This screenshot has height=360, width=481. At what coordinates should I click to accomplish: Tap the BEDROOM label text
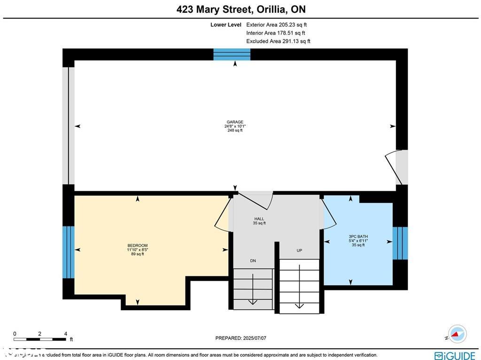138,246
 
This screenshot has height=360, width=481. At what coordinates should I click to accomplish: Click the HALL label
259,219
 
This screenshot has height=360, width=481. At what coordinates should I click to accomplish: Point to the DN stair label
253,261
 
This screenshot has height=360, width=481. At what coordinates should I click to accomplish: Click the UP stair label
299,250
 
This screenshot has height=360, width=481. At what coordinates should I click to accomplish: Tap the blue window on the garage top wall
232,55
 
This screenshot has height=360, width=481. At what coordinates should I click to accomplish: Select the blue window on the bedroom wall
69,252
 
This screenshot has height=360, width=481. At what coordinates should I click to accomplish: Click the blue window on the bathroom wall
400,243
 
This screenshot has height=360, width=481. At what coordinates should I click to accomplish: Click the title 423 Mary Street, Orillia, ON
241,9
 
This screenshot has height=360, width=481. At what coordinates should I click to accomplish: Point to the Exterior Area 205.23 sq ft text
277,25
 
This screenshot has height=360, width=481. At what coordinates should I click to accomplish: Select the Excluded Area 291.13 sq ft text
278,41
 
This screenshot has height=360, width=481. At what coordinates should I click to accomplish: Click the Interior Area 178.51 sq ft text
275,33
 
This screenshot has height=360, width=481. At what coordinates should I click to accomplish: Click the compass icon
457,334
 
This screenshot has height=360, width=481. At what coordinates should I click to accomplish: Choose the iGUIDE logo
454,355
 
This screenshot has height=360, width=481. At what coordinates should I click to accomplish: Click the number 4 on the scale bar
65,334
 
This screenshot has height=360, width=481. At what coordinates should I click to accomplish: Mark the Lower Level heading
225,25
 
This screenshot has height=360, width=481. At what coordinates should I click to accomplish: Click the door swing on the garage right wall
394,167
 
